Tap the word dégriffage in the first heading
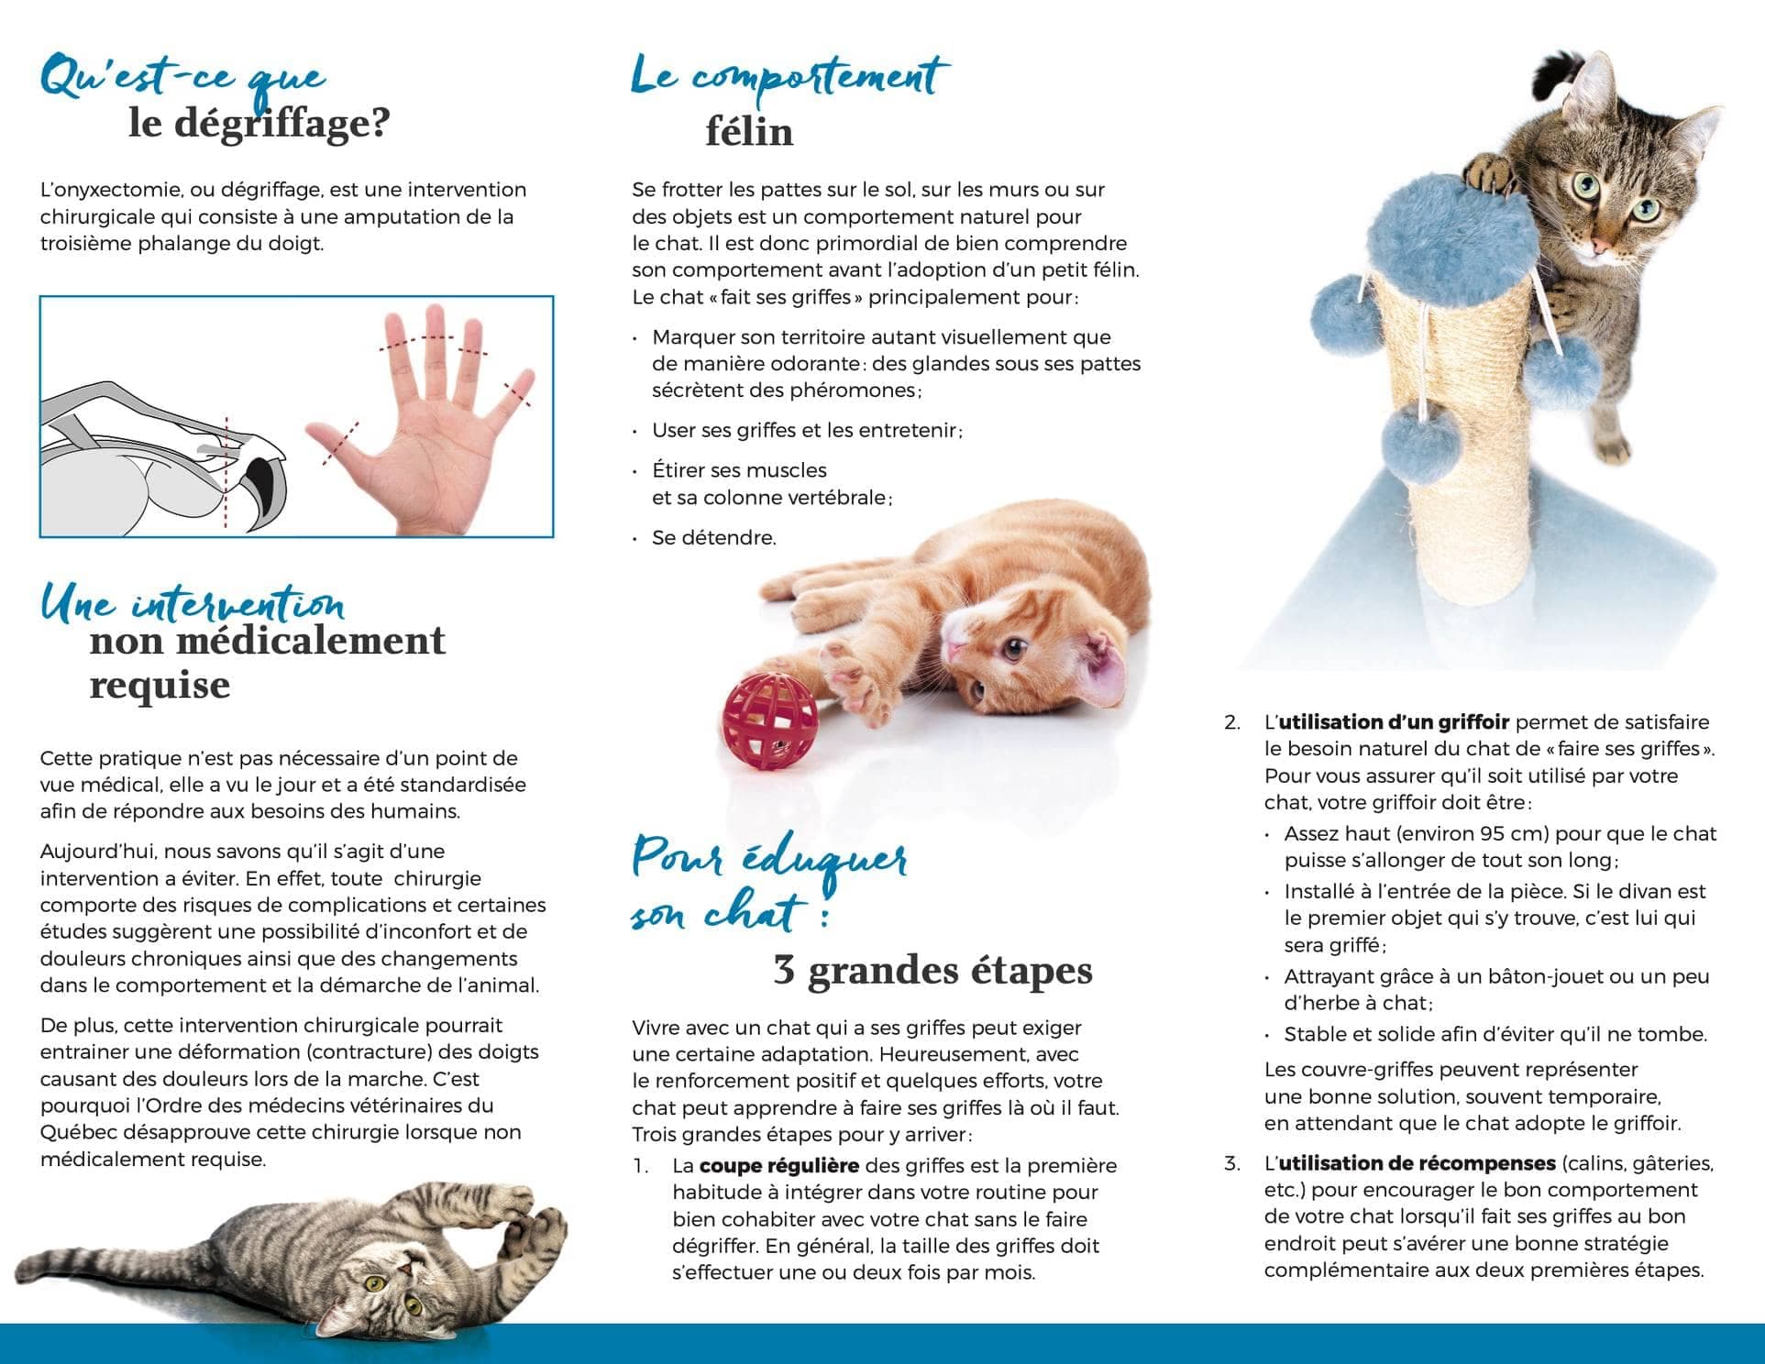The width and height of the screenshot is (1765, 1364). point(259,123)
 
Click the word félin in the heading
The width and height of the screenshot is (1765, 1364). point(749,132)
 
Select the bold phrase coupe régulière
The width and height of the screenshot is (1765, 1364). point(778,1165)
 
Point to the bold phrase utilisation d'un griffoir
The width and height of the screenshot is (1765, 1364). point(1393,722)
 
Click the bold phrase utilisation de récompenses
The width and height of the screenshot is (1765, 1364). point(1417,1163)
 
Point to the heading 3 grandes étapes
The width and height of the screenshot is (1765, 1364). point(932,970)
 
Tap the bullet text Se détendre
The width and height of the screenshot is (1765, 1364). point(713,538)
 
